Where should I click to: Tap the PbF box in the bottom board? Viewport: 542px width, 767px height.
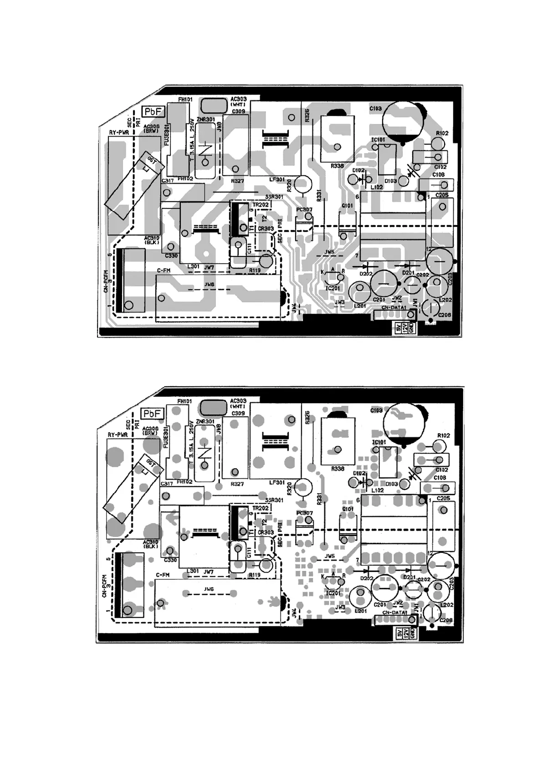152,413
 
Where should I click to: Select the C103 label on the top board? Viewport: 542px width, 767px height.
376,109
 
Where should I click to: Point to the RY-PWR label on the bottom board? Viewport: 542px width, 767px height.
118,435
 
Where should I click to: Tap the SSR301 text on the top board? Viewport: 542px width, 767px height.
274,197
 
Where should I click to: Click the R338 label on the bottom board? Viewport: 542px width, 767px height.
337,469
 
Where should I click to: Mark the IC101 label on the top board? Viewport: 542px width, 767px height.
378,140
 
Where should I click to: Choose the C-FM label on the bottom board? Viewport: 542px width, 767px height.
163,575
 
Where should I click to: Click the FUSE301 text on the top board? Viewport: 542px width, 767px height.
166,134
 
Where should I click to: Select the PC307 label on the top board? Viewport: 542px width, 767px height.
304,210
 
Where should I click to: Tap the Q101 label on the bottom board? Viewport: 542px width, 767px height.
348,509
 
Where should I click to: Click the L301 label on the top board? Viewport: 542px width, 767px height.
193,266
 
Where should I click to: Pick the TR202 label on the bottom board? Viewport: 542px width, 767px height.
260,508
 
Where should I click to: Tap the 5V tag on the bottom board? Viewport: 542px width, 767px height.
398,634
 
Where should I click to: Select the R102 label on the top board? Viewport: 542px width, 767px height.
442,133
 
